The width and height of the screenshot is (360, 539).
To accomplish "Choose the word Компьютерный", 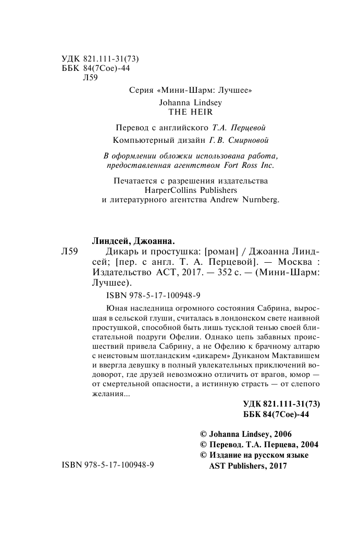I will [139, 141].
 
